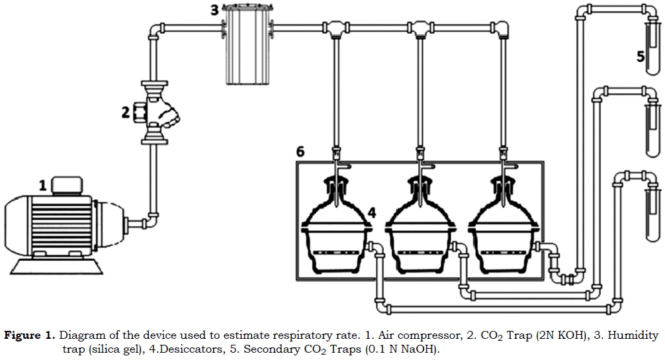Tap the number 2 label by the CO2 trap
click(125, 112)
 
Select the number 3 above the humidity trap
click(214, 10)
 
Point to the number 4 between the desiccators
click(372, 212)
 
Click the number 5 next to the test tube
click(641, 56)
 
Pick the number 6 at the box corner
click(300, 152)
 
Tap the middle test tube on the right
click(653, 122)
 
